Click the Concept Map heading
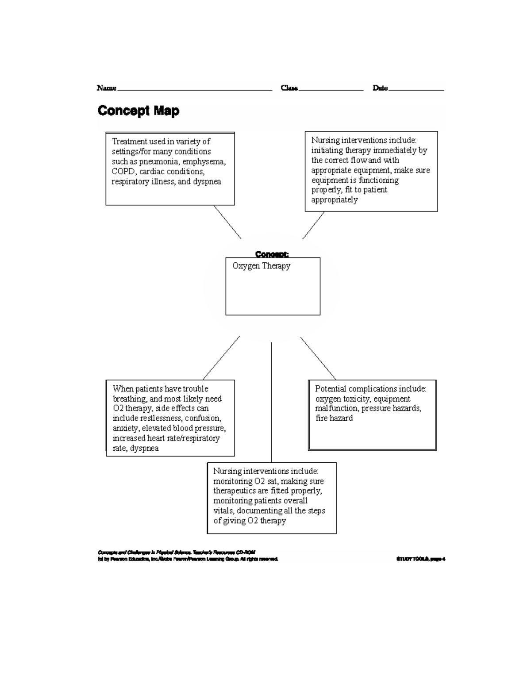point(139,111)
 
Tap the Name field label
point(107,88)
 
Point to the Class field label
point(289,88)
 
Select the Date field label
point(380,88)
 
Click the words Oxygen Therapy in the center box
point(261,266)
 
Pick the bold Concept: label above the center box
point(272,254)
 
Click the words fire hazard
point(334,418)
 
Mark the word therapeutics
point(235,491)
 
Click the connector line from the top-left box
point(227,222)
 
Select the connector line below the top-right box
point(313,226)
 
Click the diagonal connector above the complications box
point(318,358)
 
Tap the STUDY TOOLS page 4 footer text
point(421,559)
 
